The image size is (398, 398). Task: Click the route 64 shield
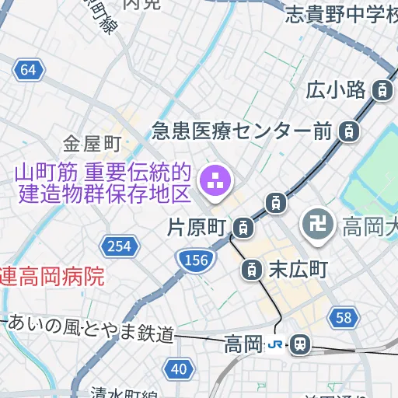[x=28, y=70]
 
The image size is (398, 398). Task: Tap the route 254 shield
[x=119, y=246]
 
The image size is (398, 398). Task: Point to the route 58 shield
[x=344, y=316]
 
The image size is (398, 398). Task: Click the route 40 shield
[x=179, y=368]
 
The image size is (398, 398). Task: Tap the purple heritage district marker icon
[x=215, y=182]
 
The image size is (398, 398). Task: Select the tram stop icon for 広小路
[x=382, y=90]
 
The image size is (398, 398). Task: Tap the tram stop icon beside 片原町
[x=244, y=228]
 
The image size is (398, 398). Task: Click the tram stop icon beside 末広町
[x=251, y=271]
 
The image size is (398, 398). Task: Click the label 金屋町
[x=93, y=144]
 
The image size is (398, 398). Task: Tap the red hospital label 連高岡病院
[x=51, y=277]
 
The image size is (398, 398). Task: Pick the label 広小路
[x=336, y=90]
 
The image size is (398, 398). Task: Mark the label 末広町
[x=298, y=271]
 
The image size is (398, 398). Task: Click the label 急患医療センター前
[x=242, y=130]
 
